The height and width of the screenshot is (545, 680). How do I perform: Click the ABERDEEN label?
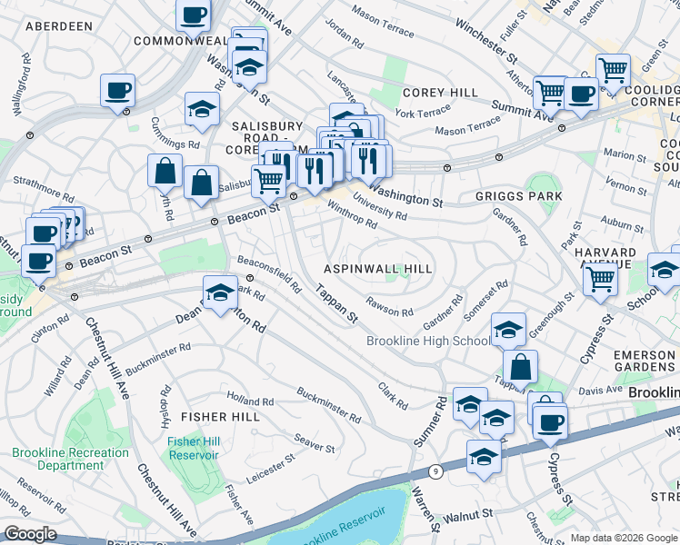click(x=59, y=26)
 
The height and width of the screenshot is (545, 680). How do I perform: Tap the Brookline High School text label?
click(x=429, y=342)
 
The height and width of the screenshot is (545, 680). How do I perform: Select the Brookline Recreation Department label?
click(x=71, y=459)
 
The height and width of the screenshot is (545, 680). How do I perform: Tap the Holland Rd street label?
click(x=250, y=401)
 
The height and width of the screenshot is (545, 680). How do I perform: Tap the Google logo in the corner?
click(x=31, y=534)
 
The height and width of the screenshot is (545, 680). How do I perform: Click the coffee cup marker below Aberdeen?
click(x=118, y=90)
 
